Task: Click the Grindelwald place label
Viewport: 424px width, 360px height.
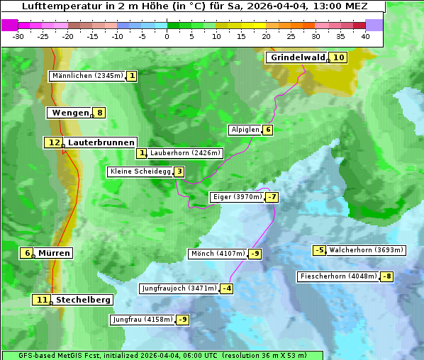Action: [x=297, y=57]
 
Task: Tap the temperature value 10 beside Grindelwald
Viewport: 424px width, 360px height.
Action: [x=339, y=57]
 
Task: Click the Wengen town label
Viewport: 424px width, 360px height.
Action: [x=70, y=113]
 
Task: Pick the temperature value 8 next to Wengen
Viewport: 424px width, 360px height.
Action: [x=100, y=113]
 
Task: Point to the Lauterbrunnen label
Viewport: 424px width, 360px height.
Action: [x=101, y=142]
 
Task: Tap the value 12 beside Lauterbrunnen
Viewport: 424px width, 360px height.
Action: [x=53, y=142]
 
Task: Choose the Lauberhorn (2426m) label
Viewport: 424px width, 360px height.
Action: [x=186, y=153]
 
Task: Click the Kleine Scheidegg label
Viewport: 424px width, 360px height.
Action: [x=140, y=171]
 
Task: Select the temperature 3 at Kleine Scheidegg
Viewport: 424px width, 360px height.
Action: [x=179, y=171]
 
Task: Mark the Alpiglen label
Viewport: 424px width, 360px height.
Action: [x=245, y=130]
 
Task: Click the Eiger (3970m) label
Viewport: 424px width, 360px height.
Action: [x=238, y=197]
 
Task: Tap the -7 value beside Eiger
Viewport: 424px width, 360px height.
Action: [x=272, y=197]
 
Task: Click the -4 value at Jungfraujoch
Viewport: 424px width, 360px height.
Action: [x=226, y=288]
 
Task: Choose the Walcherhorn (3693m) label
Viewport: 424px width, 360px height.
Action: [x=367, y=250]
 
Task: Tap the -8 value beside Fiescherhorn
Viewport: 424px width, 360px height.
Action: [x=386, y=276]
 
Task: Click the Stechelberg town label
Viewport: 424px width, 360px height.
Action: [x=83, y=300]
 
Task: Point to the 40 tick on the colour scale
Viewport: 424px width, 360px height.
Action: [x=365, y=36]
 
